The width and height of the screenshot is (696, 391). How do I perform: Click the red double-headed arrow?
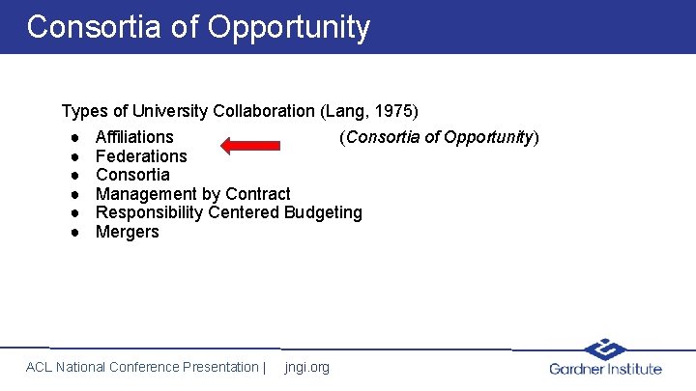249,146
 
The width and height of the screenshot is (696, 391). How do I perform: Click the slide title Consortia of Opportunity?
198,27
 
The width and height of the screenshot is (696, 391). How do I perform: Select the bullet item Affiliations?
134,137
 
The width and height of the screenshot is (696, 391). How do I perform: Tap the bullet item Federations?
141,156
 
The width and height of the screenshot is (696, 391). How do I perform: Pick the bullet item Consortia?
132,175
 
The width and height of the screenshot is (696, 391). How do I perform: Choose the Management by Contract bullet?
192,194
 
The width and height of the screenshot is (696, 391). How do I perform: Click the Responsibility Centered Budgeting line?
228,212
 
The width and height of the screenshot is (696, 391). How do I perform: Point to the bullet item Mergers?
127,232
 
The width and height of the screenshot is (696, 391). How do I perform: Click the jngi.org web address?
307,367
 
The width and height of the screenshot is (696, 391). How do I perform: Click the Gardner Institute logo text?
605,369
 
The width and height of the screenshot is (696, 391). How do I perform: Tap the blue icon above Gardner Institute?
606,349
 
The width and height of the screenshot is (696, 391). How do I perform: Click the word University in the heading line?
172,111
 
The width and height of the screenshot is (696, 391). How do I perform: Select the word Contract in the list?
257,194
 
